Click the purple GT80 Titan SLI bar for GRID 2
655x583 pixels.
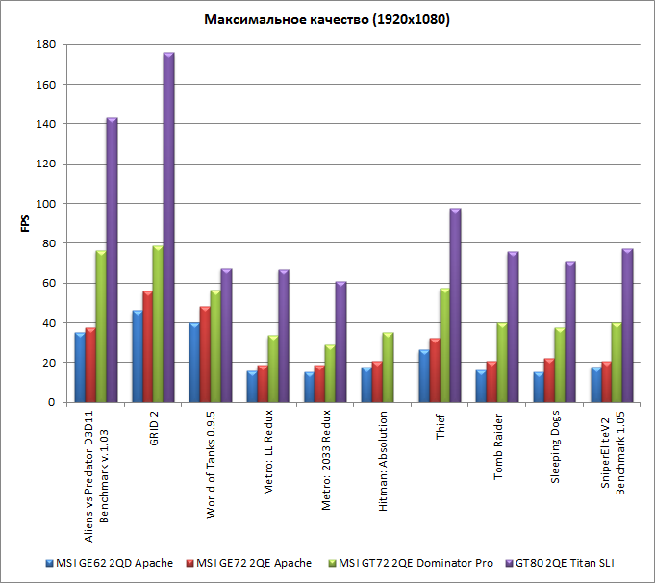[168, 228]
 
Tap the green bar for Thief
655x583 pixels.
[444, 344]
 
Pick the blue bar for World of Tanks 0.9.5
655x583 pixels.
[193, 363]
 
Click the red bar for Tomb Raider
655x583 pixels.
[491, 382]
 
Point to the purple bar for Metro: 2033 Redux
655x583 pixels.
[340, 342]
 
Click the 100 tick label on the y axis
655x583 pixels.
[44, 204]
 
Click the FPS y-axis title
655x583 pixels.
[25, 223]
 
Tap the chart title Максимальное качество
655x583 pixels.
[328, 19]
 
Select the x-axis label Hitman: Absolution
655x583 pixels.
[385, 462]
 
